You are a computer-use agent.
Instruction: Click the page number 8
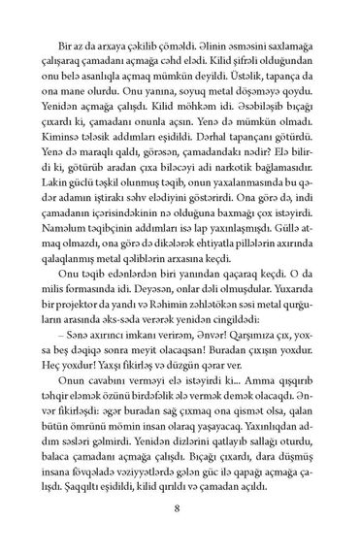click(180, 504)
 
